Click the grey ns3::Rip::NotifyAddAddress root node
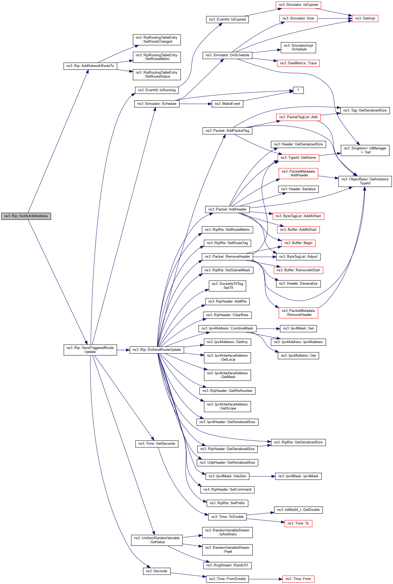tap(26, 216)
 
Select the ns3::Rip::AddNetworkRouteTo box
tap(90, 66)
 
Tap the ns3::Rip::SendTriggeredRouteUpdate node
tap(90, 350)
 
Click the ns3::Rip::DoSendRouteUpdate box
tap(157, 350)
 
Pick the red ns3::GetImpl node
tap(365, 18)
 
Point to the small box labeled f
tap(298, 90)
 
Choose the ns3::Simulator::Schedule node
tap(157, 104)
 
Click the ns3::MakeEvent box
tap(227, 104)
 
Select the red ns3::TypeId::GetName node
tap(298, 158)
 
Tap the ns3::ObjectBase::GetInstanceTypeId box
tap(365, 181)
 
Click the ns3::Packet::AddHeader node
tap(227, 209)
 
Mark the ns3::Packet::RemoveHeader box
tap(227, 257)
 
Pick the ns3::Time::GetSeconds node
tap(157, 444)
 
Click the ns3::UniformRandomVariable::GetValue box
tap(157, 540)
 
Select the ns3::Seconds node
tap(157, 571)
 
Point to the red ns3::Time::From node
tap(298, 579)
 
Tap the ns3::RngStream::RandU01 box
tap(227, 565)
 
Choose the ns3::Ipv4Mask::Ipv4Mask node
tap(298, 476)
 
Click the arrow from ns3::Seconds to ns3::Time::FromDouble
tap(188, 575)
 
